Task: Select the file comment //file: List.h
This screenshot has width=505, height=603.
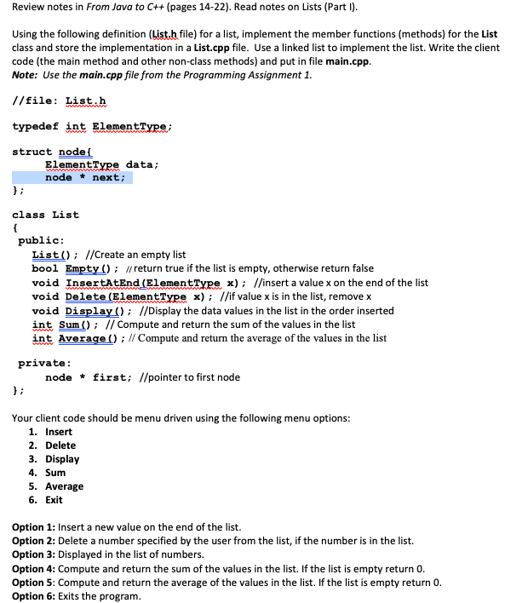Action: coord(60,100)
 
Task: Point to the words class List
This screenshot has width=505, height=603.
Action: coord(45,215)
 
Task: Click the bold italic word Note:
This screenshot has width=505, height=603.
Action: coord(26,75)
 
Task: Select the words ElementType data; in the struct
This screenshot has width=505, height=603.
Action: coord(101,164)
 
